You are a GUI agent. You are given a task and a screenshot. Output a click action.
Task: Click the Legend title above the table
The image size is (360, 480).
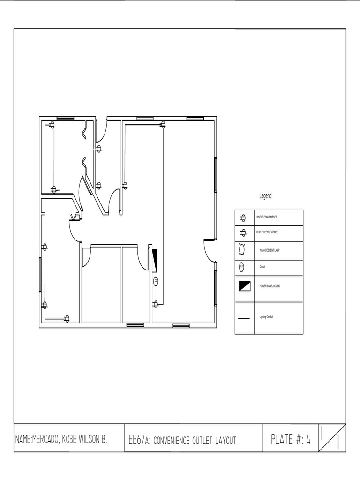[265, 196]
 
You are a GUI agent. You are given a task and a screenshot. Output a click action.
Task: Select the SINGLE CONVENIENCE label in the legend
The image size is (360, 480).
[266, 217]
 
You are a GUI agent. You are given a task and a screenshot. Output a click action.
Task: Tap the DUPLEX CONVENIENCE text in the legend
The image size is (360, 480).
[267, 232]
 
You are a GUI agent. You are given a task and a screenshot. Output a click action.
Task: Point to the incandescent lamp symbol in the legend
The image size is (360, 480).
[242, 250]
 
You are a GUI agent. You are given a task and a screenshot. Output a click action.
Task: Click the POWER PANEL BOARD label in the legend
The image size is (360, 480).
[270, 285]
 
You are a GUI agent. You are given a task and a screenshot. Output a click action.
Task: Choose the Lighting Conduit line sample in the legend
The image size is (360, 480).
[244, 318]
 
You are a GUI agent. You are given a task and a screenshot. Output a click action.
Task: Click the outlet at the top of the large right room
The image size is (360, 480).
[163, 125]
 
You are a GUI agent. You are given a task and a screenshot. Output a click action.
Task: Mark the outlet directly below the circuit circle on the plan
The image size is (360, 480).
[156, 304]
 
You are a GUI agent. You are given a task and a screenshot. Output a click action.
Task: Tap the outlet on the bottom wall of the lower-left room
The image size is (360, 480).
[66, 319]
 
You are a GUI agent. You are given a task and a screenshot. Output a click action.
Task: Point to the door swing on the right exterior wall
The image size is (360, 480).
[209, 251]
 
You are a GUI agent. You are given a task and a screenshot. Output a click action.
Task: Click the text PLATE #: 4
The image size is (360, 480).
[291, 439]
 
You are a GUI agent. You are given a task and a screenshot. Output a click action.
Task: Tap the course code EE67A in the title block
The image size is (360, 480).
[139, 440]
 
